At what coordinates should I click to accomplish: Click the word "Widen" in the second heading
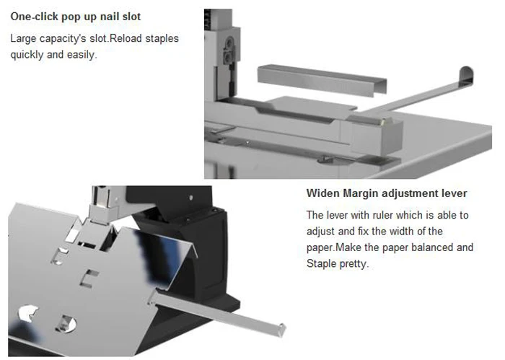pyautogui.click(x=323, y=193)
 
